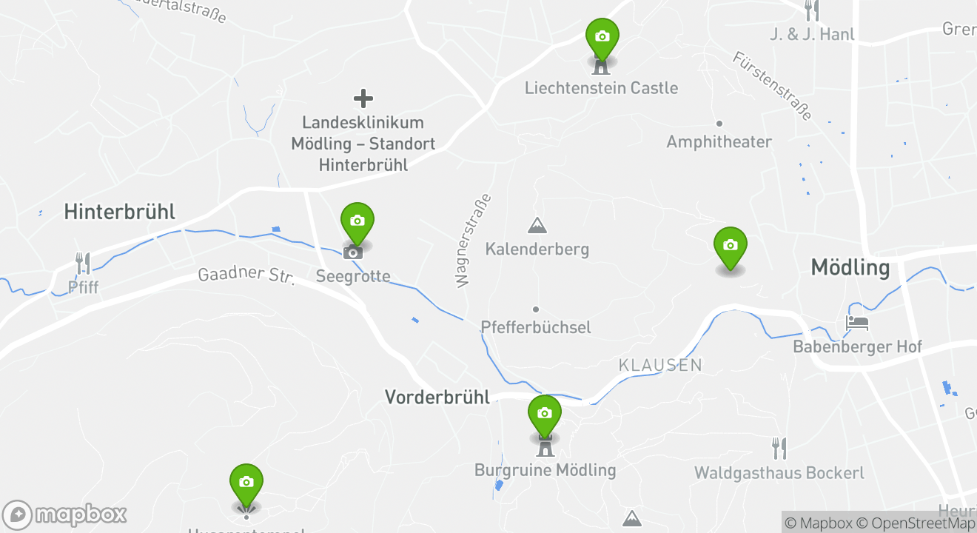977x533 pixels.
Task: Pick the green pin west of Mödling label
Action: coord(731,246)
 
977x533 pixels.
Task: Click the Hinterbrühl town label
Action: coord(119,212)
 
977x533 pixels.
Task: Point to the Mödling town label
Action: coord(850,267)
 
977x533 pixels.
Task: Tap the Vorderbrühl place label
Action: coord(437,397)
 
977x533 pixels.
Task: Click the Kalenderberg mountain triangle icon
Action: coord(537,225)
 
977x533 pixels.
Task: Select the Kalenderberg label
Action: coord(537,249)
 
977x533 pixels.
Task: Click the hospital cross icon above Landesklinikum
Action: coord(363,98)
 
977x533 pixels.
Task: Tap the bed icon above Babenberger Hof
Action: coord(857,324)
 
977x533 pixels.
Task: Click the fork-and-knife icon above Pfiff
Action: coord(83,263)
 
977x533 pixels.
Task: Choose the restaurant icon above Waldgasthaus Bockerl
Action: coord(779,448)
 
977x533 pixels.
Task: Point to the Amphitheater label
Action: coord(719,141)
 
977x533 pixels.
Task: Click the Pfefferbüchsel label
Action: coord(536,326)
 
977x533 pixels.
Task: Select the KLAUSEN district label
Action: coord(660,365)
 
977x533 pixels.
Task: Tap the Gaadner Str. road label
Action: coord(246,275)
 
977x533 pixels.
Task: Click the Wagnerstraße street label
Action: coord(474,241)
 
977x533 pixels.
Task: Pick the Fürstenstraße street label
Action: coord(773,86)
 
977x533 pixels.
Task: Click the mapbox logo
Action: coord(64,514)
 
